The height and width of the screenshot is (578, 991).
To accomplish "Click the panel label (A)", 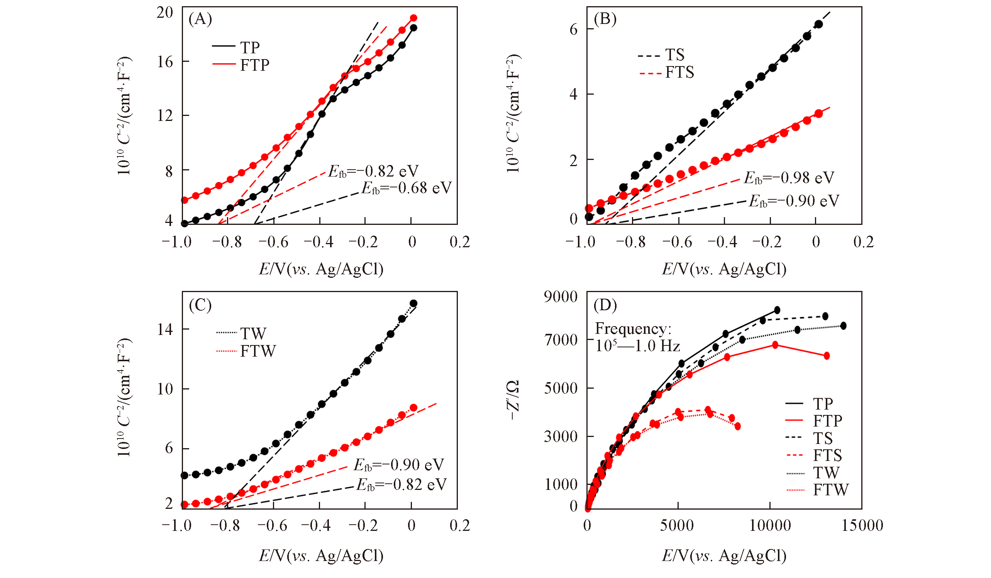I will [x=200, y=19].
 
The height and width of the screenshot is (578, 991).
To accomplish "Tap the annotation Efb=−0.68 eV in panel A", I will [x=407, y=188].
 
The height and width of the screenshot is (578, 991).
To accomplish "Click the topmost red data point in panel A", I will [x=413, y=18].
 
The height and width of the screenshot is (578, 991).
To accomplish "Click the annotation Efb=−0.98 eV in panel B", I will [x=789, y=178].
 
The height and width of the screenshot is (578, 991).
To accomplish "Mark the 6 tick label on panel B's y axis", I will [x=573, y=29].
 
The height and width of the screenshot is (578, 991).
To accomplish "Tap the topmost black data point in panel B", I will [x=818, y=24].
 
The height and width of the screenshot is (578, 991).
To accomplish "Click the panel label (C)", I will [x=200, y=305].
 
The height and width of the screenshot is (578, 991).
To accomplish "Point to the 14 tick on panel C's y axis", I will [x=165, y=329].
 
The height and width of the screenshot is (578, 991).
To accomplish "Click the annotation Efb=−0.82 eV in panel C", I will [x=401, y=484].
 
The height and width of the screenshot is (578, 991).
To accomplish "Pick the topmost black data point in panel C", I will [x=413, y=303].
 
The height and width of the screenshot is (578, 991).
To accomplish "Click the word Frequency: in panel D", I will [x=633, y=328].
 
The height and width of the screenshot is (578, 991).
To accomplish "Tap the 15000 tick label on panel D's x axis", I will [x=862, y=525].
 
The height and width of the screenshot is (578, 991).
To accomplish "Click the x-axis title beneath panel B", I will [x=724, y=269].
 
